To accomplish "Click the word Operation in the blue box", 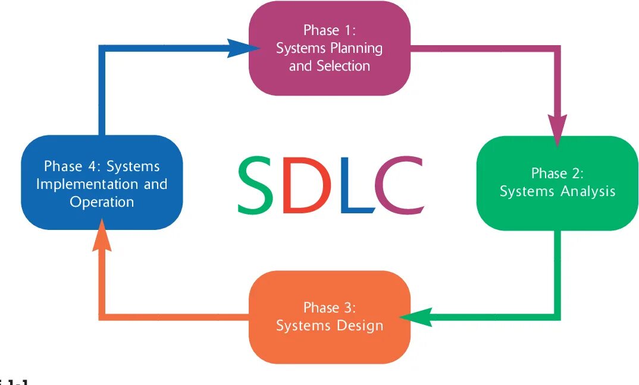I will pos(102,201).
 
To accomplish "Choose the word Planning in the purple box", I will pos(356,48).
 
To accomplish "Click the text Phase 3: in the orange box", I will pos(329,308).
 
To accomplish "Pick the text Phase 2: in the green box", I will pos(557,173).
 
